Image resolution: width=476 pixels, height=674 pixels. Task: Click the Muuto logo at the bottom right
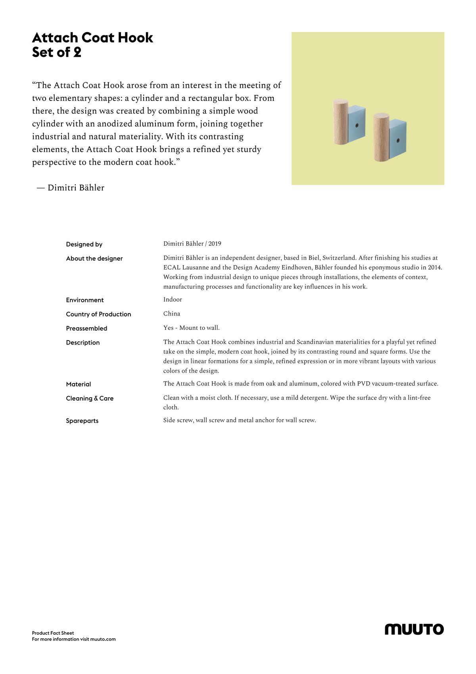(x=414, y=629)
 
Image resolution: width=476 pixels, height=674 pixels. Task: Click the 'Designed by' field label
(x=84, y=245)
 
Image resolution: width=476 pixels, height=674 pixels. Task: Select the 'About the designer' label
(x=94, y=259)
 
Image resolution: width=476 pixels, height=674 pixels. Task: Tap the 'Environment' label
(x=85, y=300)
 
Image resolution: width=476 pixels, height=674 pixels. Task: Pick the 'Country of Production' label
(x=98, y=314)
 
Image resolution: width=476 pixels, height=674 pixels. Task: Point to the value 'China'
(x=172, y=314)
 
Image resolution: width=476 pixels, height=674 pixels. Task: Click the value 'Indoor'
(x=173, y=300)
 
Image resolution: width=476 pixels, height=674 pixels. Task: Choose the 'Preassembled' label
(x=86, y=329)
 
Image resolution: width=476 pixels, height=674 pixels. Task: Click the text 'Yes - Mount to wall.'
(x=191, y=328)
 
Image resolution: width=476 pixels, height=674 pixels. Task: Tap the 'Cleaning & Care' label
(x=90, y=399)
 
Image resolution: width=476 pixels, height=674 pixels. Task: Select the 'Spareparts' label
(x=82, y=421)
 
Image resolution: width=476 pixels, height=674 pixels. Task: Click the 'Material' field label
(x=79, y=384)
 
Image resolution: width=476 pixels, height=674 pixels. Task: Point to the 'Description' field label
(x=83, y=343)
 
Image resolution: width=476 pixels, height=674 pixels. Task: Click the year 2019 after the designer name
(x=215, y=244)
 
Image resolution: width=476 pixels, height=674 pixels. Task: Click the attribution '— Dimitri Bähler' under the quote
(x=71, y=188)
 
